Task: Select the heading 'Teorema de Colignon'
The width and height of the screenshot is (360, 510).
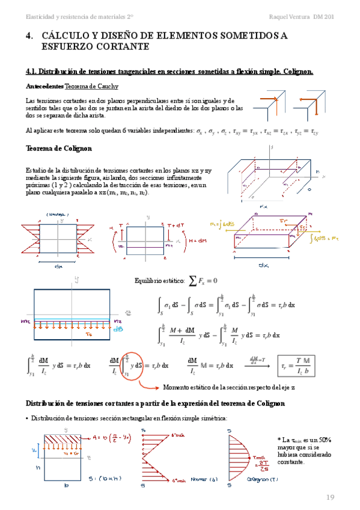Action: tap(59, 149)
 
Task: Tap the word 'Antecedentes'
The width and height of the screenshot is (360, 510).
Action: tap(44, 87)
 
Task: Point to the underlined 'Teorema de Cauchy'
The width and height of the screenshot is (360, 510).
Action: tap(91, 87)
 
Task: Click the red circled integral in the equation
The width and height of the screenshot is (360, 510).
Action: tap(140, 365)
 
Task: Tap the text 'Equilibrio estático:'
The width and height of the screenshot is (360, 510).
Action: tap(158, 281)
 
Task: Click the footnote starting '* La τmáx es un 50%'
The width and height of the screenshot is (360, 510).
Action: tap(304, 450)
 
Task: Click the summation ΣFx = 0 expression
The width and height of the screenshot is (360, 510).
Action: tap(203, 280)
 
